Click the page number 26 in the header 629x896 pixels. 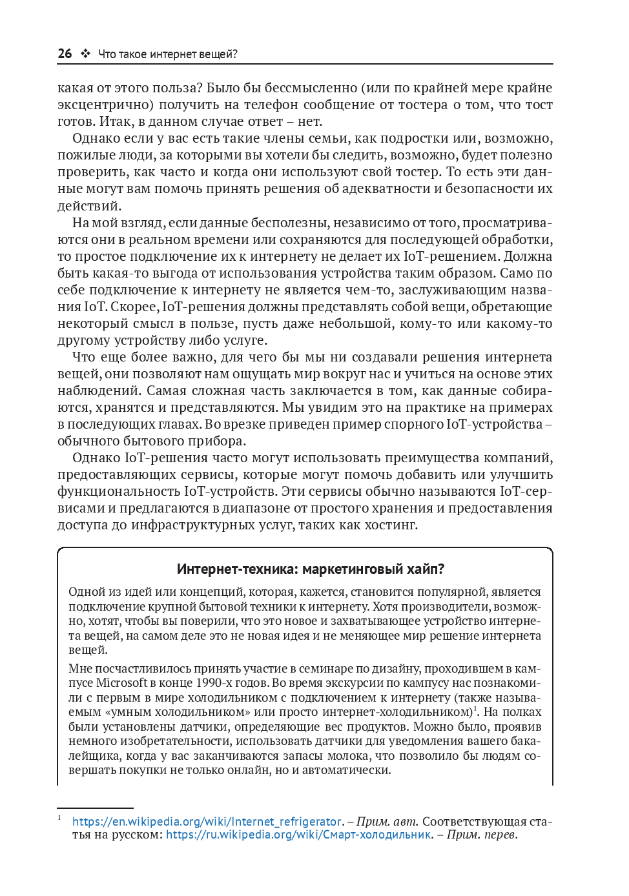[x=65, y=54]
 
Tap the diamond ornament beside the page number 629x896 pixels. [x=85, y=54]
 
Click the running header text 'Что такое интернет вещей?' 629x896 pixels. [x=168, y=54]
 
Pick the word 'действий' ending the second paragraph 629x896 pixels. [x=88, y=206]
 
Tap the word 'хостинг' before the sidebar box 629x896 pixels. [x=391, y=525]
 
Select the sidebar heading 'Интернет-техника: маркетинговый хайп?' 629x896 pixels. [x=311, y=569]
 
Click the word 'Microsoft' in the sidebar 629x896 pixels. [x=121, y=682]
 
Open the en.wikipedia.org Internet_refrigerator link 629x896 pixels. [x=207, y=822]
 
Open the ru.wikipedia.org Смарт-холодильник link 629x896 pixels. [x=298, y=835]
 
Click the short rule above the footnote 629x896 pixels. [x=95, y=808]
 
